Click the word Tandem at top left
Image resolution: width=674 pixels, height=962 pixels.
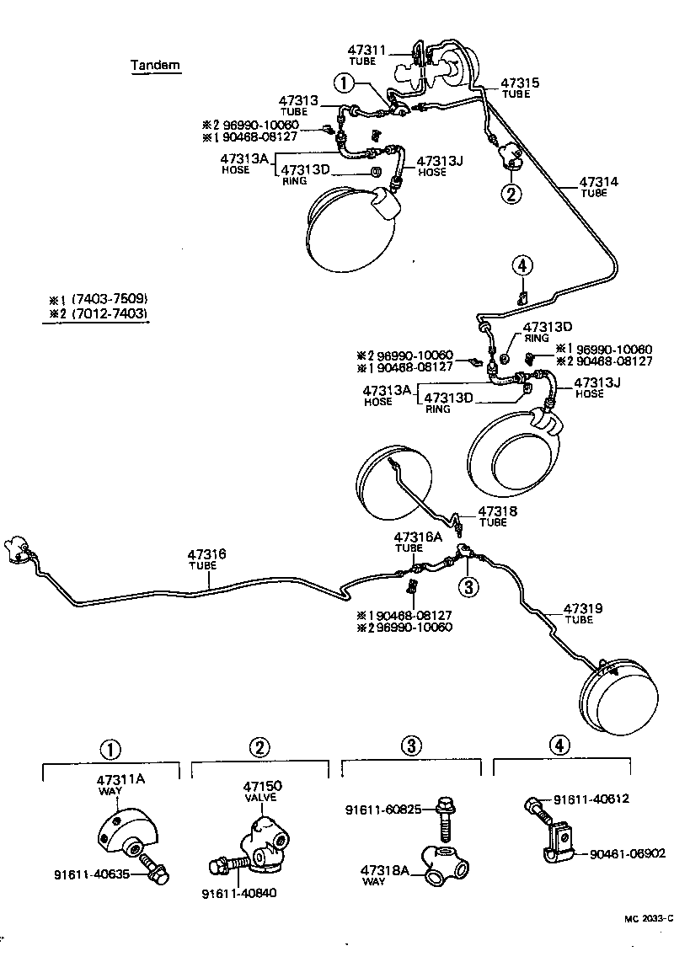coord(155,65)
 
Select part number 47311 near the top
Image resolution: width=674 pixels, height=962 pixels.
coord(366,51)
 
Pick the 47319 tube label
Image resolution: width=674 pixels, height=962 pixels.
coord(582,608)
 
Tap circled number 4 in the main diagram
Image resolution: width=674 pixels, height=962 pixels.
coord(522,266)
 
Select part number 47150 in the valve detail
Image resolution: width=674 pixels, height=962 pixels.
coord(262,786)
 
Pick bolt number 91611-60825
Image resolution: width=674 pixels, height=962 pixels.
coord(384,810)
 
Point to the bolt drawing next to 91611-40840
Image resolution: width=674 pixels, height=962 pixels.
coord(225,864)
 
